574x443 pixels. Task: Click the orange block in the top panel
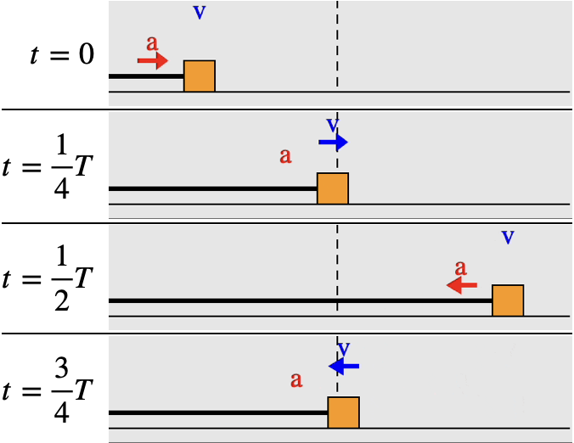200,76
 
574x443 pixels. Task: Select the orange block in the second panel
333,188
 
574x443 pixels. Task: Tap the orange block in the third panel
508,300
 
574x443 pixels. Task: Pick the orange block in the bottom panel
343,412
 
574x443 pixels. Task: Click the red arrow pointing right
153,60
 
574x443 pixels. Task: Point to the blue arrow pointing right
333,143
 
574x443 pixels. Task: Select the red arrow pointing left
462,285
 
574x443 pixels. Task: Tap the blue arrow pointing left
344,366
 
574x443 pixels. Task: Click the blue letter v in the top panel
200,12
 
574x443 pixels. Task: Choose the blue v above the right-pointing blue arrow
333,125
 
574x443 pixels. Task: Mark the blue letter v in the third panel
508,237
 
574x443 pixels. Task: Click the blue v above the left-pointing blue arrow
344,349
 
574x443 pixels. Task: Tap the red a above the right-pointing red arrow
152,42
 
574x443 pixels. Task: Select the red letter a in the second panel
285,155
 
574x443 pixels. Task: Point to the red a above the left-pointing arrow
460,267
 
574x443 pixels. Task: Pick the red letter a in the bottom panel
296,379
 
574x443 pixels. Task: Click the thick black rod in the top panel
146,76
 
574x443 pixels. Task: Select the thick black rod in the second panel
212,188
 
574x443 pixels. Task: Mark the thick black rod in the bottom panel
217,412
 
